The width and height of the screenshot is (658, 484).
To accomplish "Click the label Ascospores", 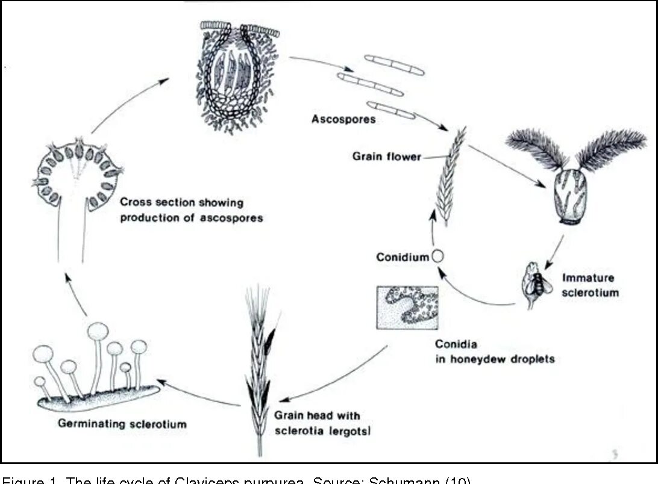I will pos(343,119).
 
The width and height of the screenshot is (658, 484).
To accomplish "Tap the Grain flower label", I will pos(386,157).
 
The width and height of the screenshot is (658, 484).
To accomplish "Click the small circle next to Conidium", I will pos(438,256).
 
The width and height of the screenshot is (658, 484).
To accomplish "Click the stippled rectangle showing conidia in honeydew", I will pos(406,307).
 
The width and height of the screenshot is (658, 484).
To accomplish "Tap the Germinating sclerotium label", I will pos(122,424).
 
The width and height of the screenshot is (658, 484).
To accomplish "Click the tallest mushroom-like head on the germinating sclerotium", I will pos(98,330).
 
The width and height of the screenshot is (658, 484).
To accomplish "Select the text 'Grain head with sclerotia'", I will pos(318,423).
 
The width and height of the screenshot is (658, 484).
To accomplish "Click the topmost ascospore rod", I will pos(394,64).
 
